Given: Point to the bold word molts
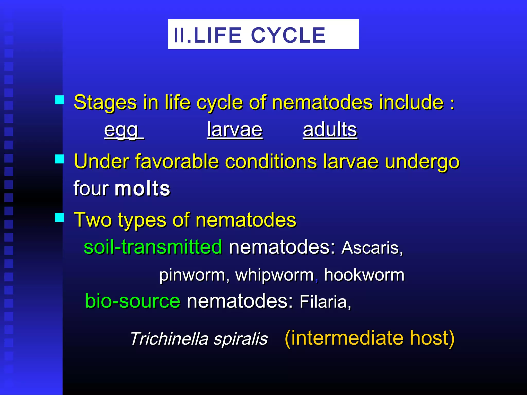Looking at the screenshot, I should [x=142, y=188].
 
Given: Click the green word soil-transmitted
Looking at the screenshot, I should [x=153, y=247].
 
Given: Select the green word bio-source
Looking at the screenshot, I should [x=133, y=301].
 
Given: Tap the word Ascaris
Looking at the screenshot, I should [x=372, y=248].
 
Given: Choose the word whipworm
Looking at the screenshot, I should [x=275, y=275].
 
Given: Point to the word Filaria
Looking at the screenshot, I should [x=325, y=302].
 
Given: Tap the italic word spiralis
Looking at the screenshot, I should [x=241, y=339].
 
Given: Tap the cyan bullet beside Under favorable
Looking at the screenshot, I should [x=59, y=159].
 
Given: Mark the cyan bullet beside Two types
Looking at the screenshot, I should [x=59, y=217].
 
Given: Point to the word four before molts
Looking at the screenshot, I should [x=91, y=188].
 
